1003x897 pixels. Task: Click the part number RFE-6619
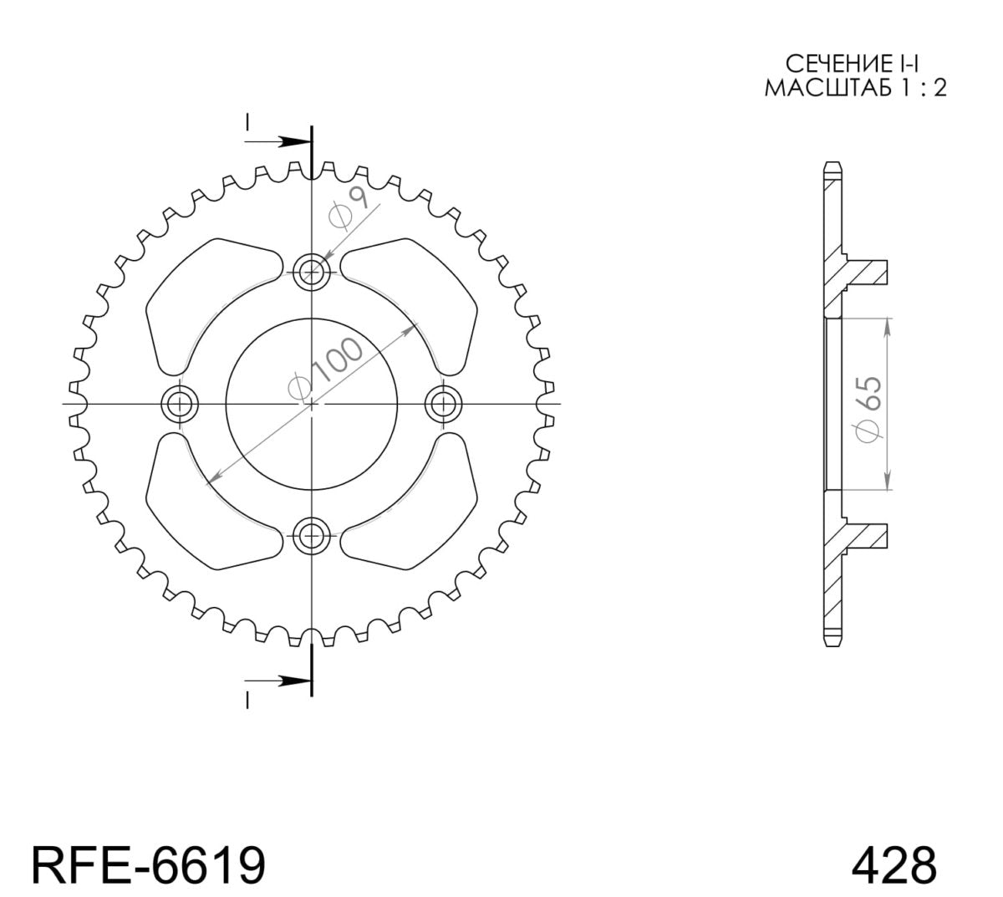pyautogui.click(x=149, y=864)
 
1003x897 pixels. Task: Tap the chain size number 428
pyautogui.click(x=894, y=864)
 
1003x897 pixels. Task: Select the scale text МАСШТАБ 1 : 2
pyautogui.click(x=855, y=88)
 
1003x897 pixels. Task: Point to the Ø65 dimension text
pyautogui.click(x=868, y=405)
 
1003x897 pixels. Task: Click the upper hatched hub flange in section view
pyautogui.click(x=865, y=272)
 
